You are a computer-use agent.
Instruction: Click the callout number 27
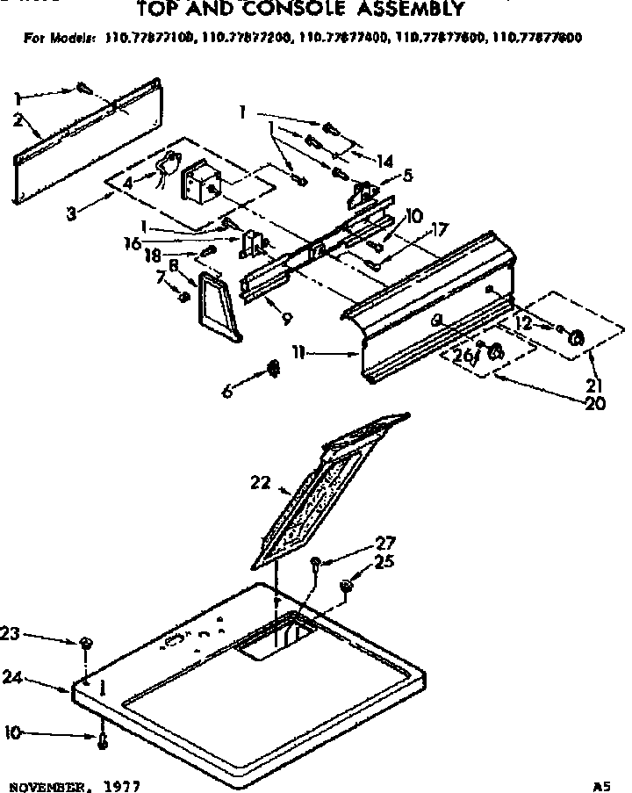pyautogui.click(x=385, y=543)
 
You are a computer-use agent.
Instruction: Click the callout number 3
pyautogui.click(x=73, y=213)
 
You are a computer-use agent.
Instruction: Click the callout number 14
pyautogui.click(x=385, y=161)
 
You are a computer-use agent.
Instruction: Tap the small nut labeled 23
pyautogui.click(x=86, y=645)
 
